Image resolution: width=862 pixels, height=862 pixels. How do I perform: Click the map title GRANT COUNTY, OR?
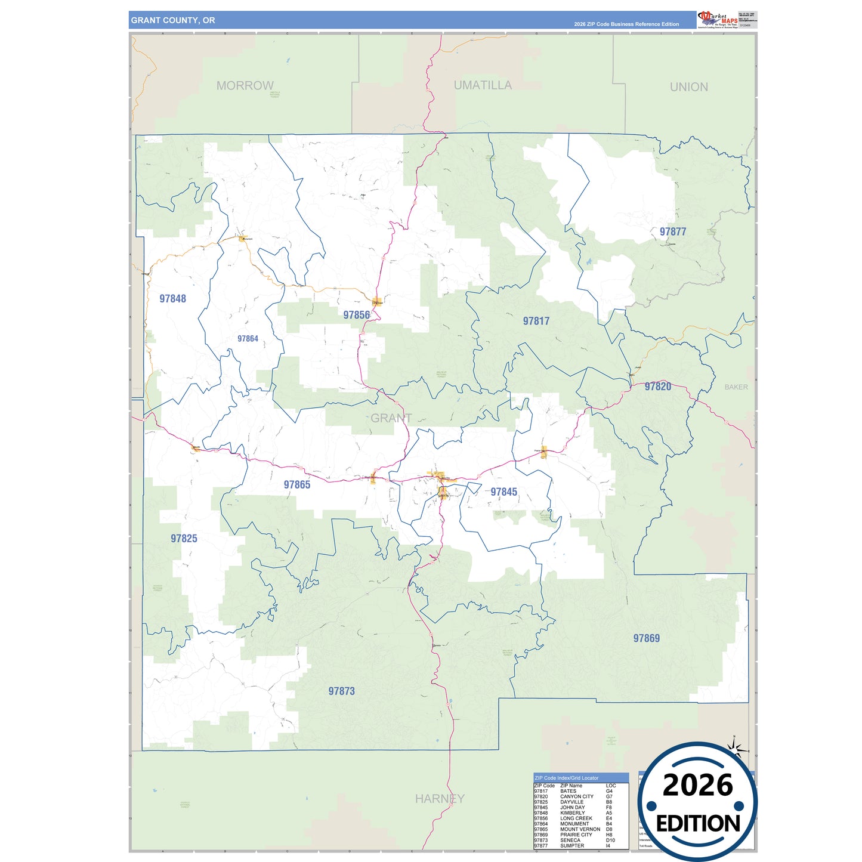[x=173, y=20]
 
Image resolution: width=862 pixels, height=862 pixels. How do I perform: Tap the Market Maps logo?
[x=718, y=19]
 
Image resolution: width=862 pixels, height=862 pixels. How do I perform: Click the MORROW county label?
[x=245, y=86]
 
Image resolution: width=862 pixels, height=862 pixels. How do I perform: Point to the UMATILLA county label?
[x=483, y=85]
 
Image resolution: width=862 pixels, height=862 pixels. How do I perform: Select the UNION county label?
[x=689, y=87]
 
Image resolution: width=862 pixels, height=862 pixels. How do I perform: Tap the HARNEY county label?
[x=440, y=799]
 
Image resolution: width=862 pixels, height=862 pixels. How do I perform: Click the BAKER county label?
[x=736, y=387]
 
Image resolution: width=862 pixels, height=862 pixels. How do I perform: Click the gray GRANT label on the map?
[x=391, y=418]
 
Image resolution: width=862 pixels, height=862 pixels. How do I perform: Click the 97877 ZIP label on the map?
[x=673, y=231]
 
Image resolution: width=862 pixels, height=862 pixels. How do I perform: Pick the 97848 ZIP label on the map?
[x=172, y=299]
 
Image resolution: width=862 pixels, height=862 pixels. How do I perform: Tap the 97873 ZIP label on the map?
[x=341, y=691]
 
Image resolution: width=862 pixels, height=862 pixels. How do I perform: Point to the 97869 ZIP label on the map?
[x=647, y=638]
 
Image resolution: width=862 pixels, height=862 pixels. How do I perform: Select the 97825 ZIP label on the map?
[x=184, y=539]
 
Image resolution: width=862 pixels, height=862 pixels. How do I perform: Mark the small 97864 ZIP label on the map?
[x=248, y=339]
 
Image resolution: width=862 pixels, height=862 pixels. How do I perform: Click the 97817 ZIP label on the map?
[x=536, y=321]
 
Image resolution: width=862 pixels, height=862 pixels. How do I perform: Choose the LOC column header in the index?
[x=611, y=786]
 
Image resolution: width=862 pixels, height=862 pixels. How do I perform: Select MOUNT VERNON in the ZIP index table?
[x=580, y=829]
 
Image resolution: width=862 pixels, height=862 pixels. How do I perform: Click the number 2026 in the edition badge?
[x=697, y=785]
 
